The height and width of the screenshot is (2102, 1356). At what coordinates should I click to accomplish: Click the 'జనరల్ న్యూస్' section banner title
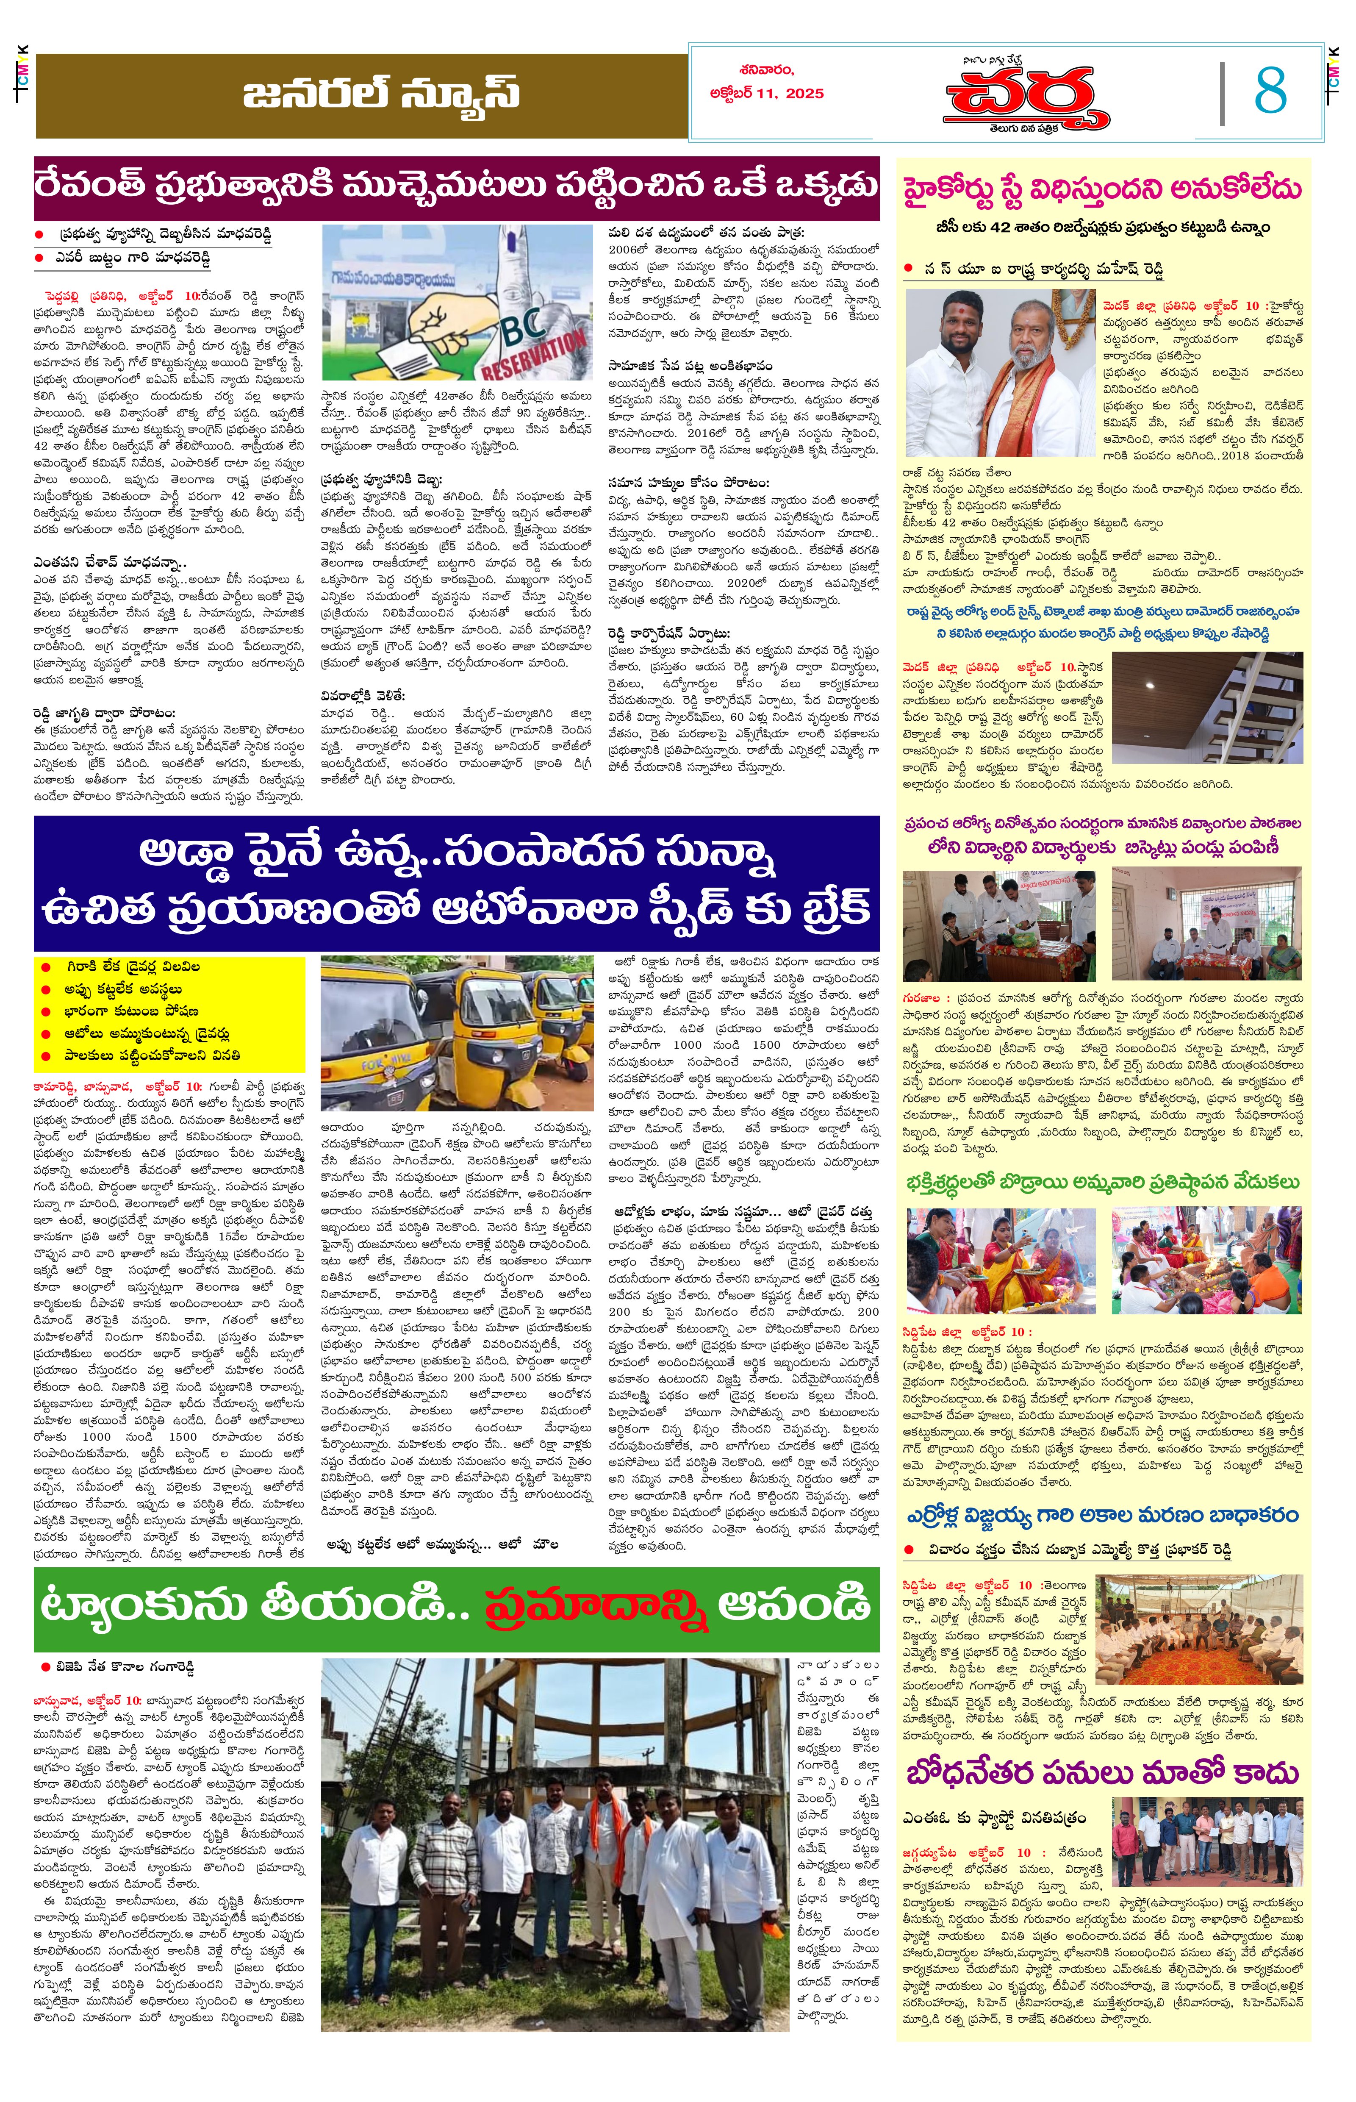[x=381, y=95]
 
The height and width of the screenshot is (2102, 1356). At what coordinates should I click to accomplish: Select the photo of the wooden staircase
[x=1206, y=706]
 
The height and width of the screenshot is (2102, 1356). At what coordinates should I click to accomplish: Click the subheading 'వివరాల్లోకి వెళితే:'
[x=363, y=695]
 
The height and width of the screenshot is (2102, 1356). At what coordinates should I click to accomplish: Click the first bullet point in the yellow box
[x=132, y=966]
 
